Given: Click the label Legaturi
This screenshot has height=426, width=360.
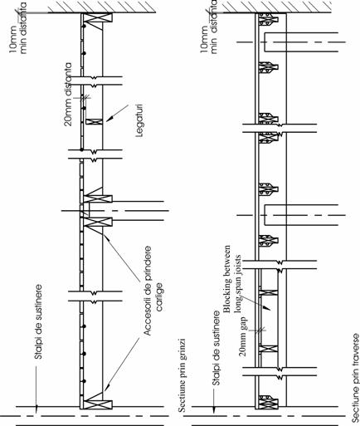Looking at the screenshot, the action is pyautogui.click(x=140, y=120).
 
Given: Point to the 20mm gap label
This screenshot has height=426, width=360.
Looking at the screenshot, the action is pyautogui.click(x=243, y=336).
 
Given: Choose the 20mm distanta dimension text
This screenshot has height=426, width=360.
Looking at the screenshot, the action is pyautogui.click(x=68, y=95).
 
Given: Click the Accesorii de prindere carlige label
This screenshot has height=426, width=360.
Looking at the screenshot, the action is pyautogui.click(x=153, y=290).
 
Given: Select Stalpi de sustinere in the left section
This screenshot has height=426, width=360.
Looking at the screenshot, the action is pyautogui.click(x=39, y=321).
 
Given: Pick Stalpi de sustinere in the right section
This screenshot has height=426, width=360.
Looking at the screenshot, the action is pyautogui.click(x=216, y=349).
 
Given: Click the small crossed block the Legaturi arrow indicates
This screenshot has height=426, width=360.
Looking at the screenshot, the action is pyautogui.click(x=94, y=121).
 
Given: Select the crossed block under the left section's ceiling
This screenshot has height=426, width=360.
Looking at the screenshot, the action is pyautogui.click(x=98, y=17).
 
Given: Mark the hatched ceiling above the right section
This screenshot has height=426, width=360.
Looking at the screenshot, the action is pyautogui.click(x=277, y=7).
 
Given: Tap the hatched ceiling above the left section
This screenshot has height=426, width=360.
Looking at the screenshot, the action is pyautogui.click(x=102, y=7).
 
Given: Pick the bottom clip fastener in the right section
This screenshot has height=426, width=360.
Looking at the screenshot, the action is pyautogui.click(x=268, y=402).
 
